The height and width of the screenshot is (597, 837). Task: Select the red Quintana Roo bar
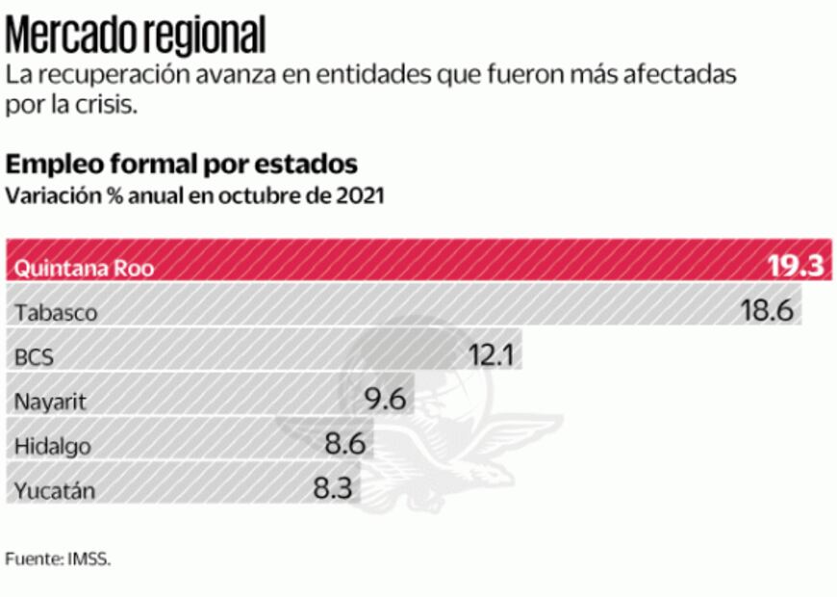pyautogui.click(x=418, y=260)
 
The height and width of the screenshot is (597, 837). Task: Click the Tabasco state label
pyautogui.click(x=56, y=312)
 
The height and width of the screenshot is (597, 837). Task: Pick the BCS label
pyautogui.click(x=34, y=357)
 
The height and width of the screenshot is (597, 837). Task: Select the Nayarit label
pyautogui.click(x=50, y=402)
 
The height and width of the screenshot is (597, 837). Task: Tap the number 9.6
pyautogui.click(x=383, y=398)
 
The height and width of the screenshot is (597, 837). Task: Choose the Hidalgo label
pyautogui.click(x=53, y=446)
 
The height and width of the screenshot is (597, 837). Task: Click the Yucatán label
pyautogui.click(x=55, y=490)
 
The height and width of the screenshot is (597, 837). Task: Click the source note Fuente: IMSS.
pyautogui.click(x=58, y=558)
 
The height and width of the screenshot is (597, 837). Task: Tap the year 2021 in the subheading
pyautogui.click(x=360, y=195)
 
